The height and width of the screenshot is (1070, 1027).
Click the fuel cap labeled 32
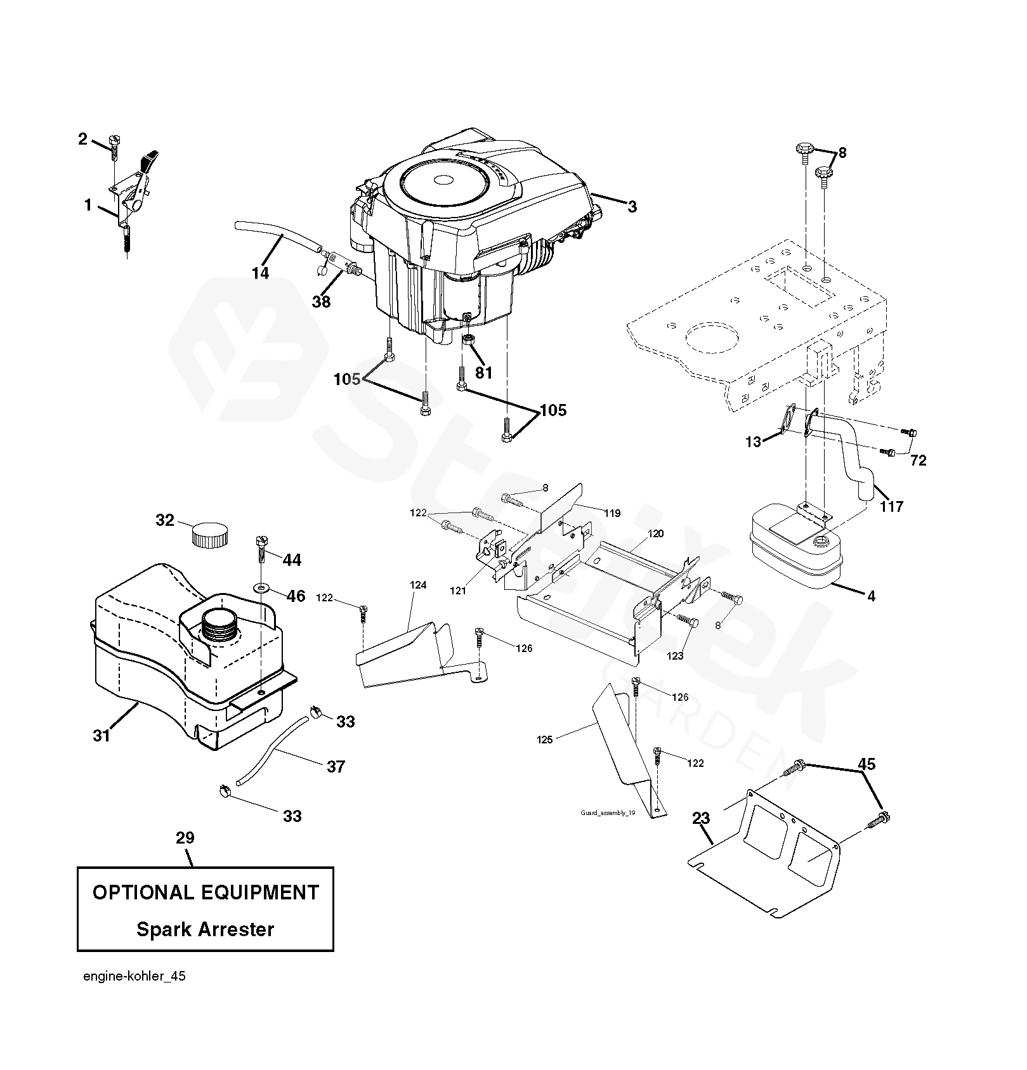pyautogui.click(x=209, y=534)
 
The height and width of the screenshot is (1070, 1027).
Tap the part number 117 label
pyautogui.click(x=891, y=506)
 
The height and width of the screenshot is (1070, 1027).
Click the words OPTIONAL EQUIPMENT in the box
pyautogui.click(x=206, y=892)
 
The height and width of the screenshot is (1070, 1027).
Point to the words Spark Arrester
pyautogui.click(x=206, y=929)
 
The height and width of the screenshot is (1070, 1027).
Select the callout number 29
pyautogui.click(x=185, y=838)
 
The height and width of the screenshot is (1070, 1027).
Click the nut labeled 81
pyautogui.click(x=467, y=341)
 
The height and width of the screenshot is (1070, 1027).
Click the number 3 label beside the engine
pyautogui.click(x=632, y=206)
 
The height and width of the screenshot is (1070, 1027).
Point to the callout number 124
pyautogui.click(x=418, y=585)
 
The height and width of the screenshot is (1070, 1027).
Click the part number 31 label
pyautogui.click(x=101, y=736)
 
